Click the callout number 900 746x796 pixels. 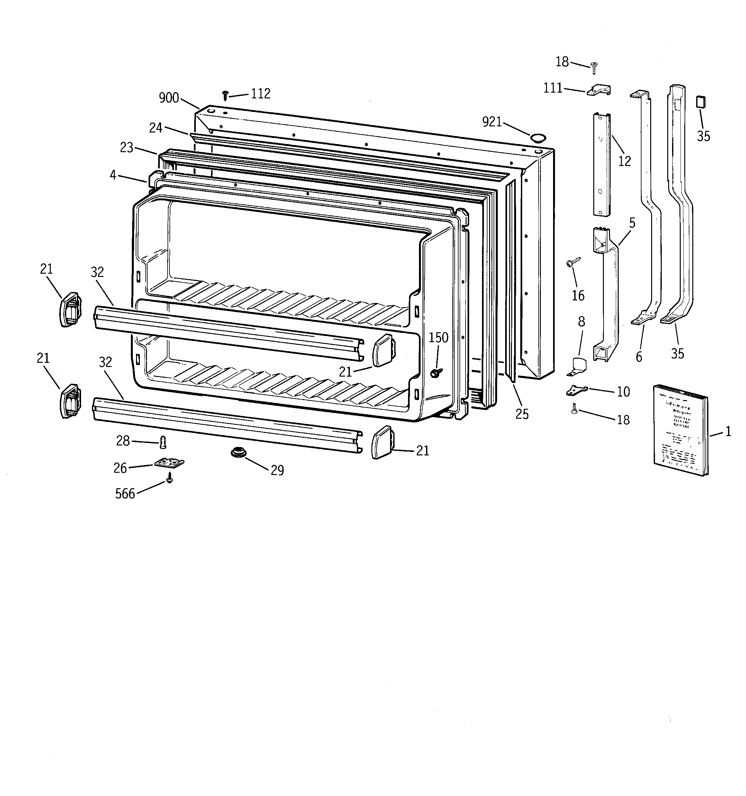(168, 98)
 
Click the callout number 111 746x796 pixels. (553, 88)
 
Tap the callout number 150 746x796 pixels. (439, 338)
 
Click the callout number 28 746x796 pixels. (123, 441)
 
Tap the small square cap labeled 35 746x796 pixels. (700, 102)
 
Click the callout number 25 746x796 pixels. (522, 414)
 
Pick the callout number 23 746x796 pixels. (127, 148)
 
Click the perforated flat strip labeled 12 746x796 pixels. (601, 164)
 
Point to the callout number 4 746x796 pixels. (113, 175)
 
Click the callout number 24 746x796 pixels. (156, 128)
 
